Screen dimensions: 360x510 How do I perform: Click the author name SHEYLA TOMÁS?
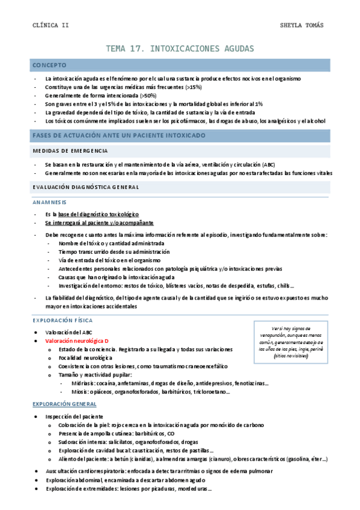302,25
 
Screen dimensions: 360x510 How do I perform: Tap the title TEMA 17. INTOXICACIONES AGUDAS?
180,48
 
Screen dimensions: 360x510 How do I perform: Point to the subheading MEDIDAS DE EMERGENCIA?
70,150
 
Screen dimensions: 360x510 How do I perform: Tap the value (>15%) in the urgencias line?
194,87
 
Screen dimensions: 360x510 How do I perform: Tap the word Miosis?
80,392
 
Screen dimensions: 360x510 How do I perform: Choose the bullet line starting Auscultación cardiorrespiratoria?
159,471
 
